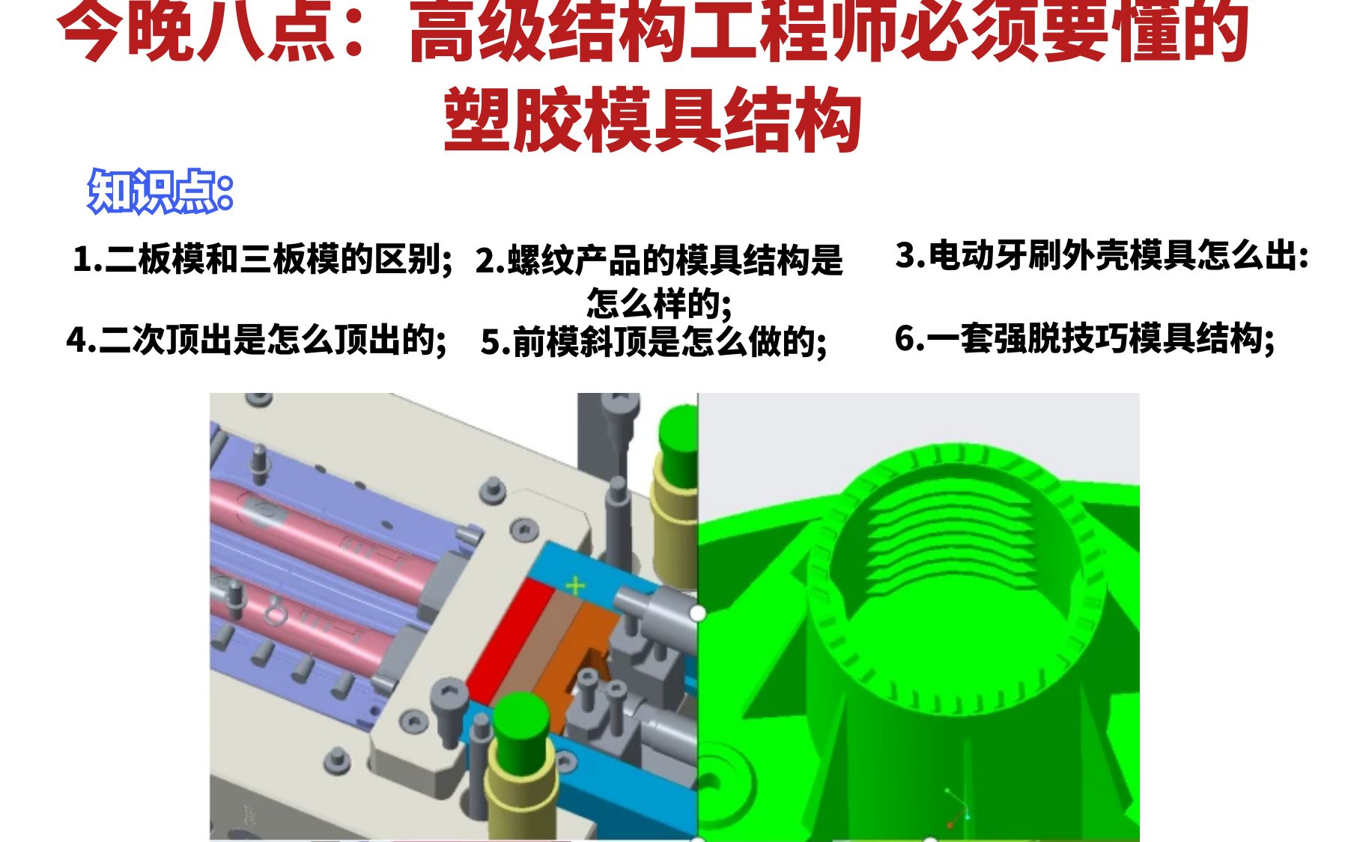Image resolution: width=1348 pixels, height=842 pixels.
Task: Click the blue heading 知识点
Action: coord(160,192)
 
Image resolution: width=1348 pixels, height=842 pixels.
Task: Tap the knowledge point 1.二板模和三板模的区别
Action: coord(262,259)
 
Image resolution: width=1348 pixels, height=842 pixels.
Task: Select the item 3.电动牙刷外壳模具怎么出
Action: coord(1101,256)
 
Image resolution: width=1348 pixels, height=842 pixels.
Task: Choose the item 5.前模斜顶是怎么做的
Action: coord(653,342)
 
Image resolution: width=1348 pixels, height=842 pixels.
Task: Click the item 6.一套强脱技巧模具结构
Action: coord(1084,338)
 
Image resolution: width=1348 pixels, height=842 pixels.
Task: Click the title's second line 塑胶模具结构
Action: coord(652,120)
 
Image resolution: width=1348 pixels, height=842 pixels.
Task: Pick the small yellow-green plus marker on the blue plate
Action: coord(575,585)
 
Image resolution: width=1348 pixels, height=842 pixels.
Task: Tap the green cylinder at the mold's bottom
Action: coord(520,726)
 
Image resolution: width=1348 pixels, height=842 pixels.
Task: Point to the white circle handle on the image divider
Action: coord(697,613)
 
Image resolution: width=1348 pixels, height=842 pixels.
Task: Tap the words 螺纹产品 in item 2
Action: coord(573,260)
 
